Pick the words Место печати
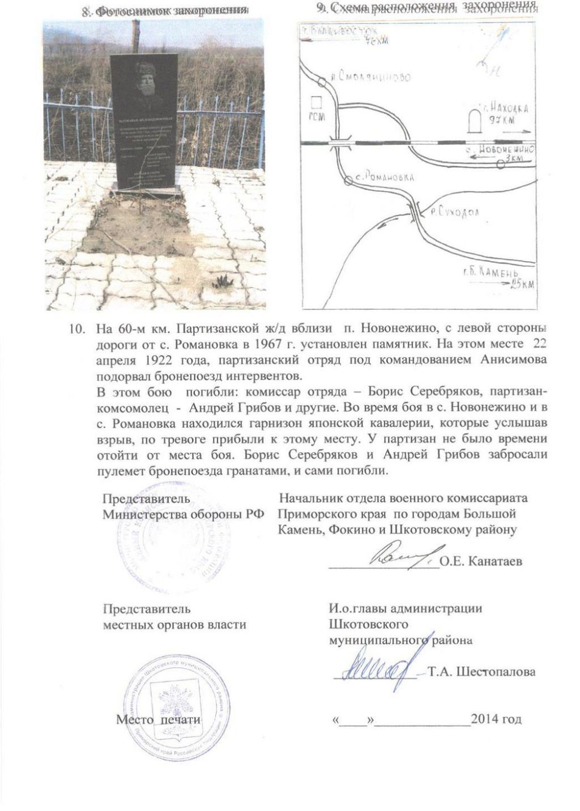[x=159, y=719]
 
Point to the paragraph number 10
[x=75, y=330]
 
